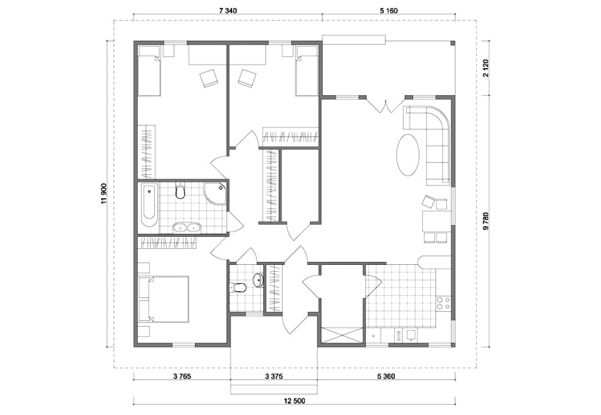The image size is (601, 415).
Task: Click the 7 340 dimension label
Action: pos(228,10)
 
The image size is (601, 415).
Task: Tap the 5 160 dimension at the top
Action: pos(389,10)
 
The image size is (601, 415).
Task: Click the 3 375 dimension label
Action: pos(274,376)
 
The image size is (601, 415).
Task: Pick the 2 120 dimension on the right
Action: pos(487,68)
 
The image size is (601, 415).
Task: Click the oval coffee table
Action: pos(408,155)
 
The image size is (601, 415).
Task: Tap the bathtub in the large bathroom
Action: pos(148,205)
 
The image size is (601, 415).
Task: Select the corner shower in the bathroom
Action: pos(215,193)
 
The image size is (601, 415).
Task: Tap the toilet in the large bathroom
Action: pos(180,191)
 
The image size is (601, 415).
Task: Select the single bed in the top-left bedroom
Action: pos(148,71)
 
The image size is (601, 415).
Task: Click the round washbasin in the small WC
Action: pos(259,280)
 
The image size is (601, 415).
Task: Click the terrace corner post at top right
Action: pos(453,43)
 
